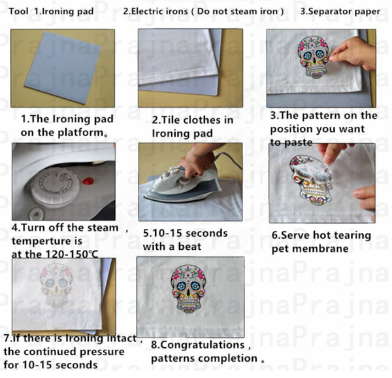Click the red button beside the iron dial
(88, 180)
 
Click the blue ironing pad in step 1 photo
(62, 67)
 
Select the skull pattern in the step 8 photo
(189, 289)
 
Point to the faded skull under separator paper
(56, 286)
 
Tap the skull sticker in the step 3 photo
(313, 57)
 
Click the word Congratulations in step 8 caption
(198, 345)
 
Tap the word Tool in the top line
(18, 11)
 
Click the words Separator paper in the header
(344, 12)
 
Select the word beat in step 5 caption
(189, 247)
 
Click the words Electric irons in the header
(159, 11)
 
